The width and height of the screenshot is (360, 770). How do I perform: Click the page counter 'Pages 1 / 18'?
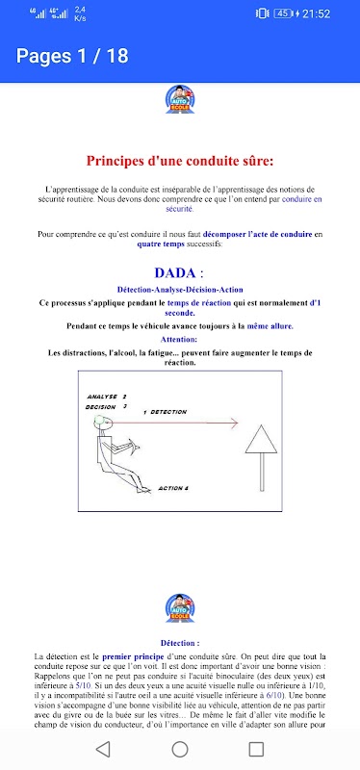pyautogui.click(x=72, y=56)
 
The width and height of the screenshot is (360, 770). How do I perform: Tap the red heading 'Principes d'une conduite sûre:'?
pyautogui.click(x=180, y=161)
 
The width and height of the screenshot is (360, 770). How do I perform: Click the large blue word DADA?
pyautogui.click(x=174, y=272)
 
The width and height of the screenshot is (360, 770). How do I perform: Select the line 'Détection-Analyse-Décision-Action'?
pyautogui.click(x=180, y=290)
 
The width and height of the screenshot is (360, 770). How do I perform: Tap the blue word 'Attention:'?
pyautogui.click(x=180, y=339)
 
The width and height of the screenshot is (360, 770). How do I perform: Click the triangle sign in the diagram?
pyautogui.click(x=261, y=440)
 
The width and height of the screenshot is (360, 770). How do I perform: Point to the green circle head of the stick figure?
pyautogui.click(x=100, y=420)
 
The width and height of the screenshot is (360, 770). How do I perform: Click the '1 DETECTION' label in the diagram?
pyautogui.click(x=165, y=412)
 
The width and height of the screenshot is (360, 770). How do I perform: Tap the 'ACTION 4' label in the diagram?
pyautogui.click(x=173, y=488)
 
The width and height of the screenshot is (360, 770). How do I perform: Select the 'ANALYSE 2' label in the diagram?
pyautogui.click(x=107, y=397)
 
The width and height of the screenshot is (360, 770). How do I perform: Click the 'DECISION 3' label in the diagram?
pyautogui.click(x=106, y=406)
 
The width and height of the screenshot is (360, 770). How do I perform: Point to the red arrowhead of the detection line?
pyautogui.click(x=234, y=423)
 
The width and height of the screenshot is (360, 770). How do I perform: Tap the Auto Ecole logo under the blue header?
pyautogui.click(x=180, y=100)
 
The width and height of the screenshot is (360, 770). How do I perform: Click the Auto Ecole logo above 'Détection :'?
pyautogui.click(x=180, y=608)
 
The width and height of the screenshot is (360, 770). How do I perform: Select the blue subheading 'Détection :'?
pyautogui.click(x=180, y=643)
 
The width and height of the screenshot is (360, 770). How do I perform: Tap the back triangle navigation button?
pyautogui.click(x=103, y=749)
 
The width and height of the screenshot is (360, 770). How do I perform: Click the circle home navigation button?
pyautogui.click(x=180, y=749)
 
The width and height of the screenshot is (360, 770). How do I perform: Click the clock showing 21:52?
pyautogui.click(x=316, y=13)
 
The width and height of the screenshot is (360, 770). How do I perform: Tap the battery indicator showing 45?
pyautogui.click(x=283, y=13)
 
